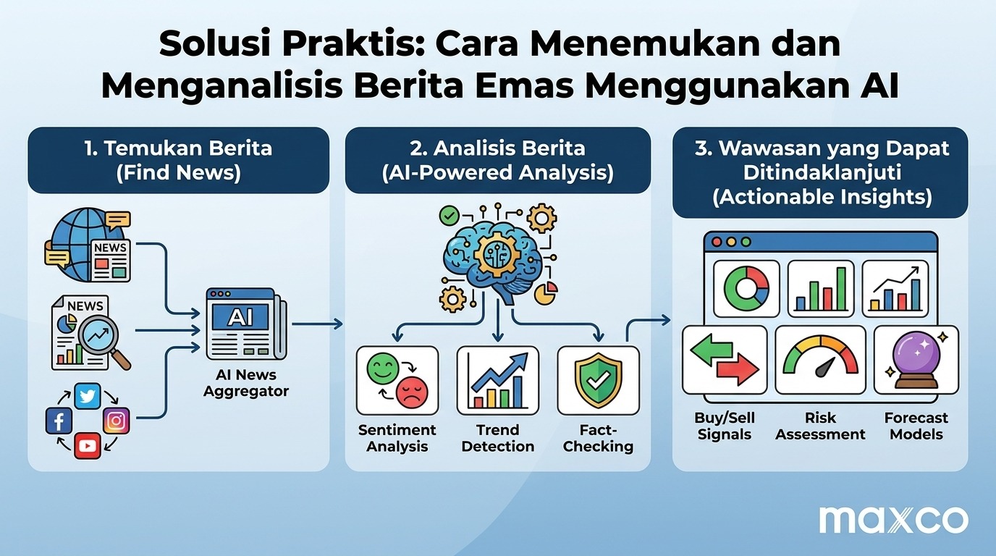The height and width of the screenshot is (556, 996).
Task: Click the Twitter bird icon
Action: tap(88, 396)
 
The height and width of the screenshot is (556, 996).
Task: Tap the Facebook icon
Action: tap(59, 421)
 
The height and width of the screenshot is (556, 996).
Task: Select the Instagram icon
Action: tap(117, 421)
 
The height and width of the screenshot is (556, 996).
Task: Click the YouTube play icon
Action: tap(88, 445)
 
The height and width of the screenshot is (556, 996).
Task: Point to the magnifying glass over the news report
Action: tap(103, 341)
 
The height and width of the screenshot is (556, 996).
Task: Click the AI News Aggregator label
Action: tap(246, 383)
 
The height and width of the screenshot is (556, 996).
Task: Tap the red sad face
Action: tap(412, 392)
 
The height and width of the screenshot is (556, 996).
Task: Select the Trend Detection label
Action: tap(498, 438)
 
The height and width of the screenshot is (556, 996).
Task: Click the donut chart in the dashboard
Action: tap(746, 289)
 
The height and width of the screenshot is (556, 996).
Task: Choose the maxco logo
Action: tap(894, 520)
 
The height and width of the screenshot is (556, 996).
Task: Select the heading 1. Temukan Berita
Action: tap(178, 148)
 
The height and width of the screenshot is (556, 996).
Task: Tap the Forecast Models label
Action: tap(916, 426)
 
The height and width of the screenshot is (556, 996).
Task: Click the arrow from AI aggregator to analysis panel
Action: tap(318, 324)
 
